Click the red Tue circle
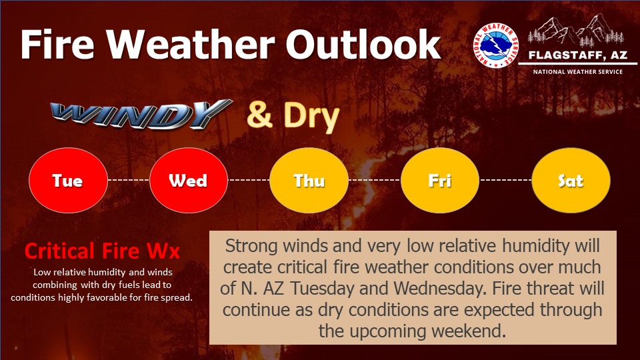click(x=68, y=181)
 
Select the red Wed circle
click(x=188, y=181)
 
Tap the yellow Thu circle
click(x=309, y=181)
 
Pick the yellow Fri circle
click(x=439, y=181)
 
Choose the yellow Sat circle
click(x=571, y=181)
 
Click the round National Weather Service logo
click(x=496, y=45)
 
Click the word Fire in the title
click(x=57, y=45)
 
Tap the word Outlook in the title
click(x=363, y=45)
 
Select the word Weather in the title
click(x=191, y=45)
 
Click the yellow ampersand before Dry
click(x=259, y=115)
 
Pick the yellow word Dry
click(x=311, y=116)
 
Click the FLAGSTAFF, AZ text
click(x=577, y=55)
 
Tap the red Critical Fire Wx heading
click(x=102, y=251)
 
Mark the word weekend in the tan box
click(x=469, y=331)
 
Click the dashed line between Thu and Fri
click(x=374, y=180)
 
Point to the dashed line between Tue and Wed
click(x=129, y=180)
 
